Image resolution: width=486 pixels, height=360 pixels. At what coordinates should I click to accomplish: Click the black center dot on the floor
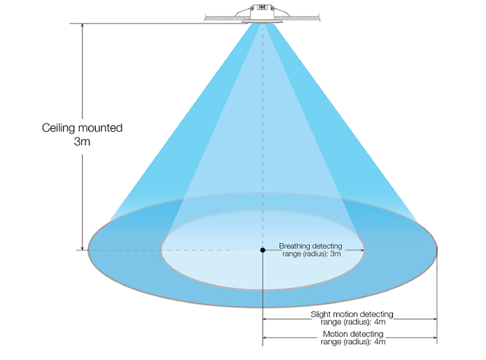(262, 250)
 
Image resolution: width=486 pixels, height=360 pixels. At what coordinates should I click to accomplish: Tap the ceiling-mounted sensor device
(262, 13)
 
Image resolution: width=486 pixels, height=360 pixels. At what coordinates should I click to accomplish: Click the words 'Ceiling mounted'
(83, 128)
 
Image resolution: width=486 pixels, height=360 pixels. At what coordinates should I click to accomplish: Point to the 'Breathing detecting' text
(310, 246)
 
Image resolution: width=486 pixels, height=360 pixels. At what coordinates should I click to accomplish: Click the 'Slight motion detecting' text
(350, 314)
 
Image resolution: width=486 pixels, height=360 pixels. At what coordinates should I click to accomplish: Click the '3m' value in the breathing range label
(335, 254)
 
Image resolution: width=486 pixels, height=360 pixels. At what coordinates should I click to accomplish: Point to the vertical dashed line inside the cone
(262, 139)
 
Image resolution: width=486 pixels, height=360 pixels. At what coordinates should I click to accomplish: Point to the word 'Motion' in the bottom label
(338, 334)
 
